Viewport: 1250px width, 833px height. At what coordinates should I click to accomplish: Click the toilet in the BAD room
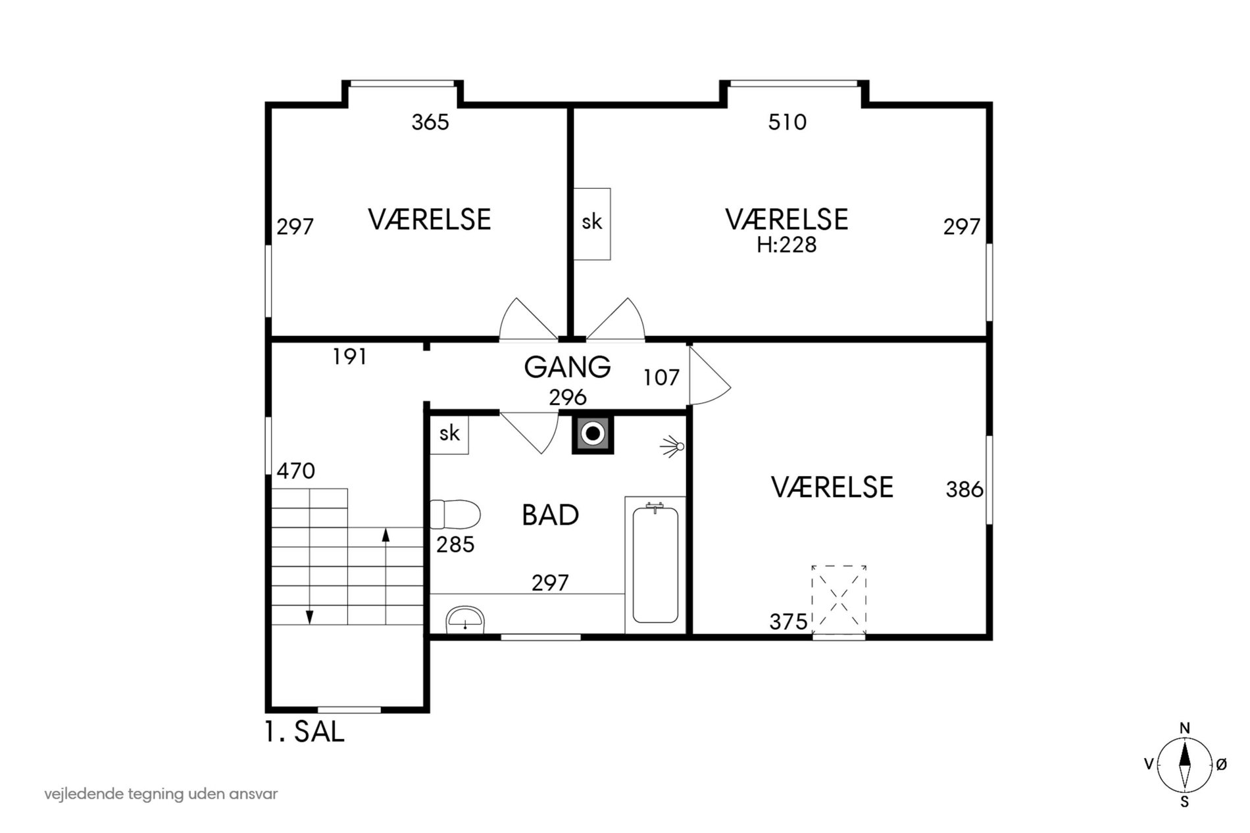pyautogui.click(x=455, y=514)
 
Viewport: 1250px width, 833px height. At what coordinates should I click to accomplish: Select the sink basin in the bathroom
pyautogui.click(x=465, y=619)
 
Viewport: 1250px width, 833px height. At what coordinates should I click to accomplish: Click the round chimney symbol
pyautogui.click(x=593, y=433)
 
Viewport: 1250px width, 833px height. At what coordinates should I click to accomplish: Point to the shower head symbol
pyautogui.click(x=672, y=446)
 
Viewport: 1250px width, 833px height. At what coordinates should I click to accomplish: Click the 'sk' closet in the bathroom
pyautogui.click(x=449, y=434)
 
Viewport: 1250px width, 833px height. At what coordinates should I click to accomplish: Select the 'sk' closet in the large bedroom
pyautogui.click(x=592, y=224)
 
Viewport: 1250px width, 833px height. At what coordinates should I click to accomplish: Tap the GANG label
pyautogui.click(x=567, y=367)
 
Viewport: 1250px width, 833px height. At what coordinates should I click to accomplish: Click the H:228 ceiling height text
pyautogui.click(x=786, y=245)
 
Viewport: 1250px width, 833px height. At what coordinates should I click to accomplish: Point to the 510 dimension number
pyautogui.click(x=787, y=122)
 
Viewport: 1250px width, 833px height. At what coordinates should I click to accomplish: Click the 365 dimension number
pyautogui.click(x=430, y=122)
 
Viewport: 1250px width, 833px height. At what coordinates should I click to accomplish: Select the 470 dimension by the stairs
pyautogui.click(x=296, y=471)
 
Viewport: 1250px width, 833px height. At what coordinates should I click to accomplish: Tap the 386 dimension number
pyautogui.click(x=964, y=489)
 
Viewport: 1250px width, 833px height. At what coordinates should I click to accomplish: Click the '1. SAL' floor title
pyautogui.click(x=305, y=732)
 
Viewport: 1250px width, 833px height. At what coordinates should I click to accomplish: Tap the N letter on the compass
pyautogui.click(x=1185, y=728)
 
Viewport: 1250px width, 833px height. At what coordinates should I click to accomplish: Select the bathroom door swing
pyautogui.click(x=530, y=433)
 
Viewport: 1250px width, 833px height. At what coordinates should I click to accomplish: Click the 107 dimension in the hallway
pyautogui.click(x=661, y=377)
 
